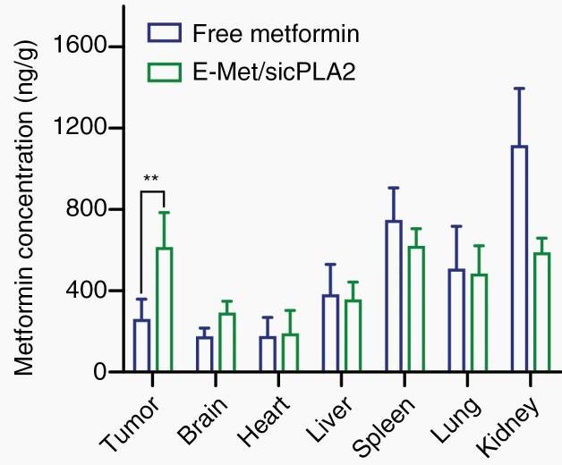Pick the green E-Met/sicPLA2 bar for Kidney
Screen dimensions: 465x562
point(541,313)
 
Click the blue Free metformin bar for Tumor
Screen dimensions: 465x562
point(141,346)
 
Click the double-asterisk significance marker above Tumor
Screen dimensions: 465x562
point(151,178)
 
